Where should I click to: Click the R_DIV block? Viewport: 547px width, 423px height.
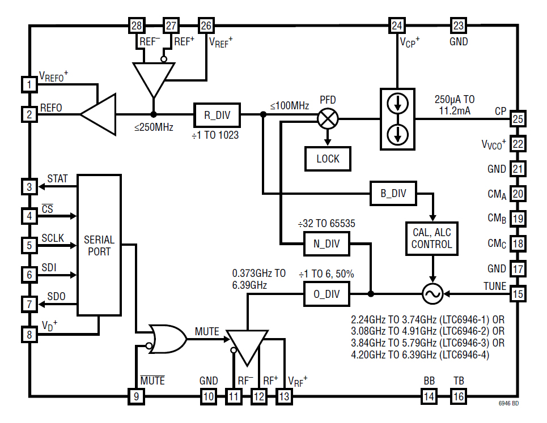click(217, 115)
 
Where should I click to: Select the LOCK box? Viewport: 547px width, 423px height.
click(328, 159)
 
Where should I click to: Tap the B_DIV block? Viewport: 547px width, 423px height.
click(393, 194)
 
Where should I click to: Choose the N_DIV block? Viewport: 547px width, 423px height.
click(326, 243)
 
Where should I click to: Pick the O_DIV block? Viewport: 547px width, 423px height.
click(326, 294)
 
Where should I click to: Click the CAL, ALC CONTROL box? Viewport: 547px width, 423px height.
click(432, 238)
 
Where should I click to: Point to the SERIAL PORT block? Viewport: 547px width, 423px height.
click(99, 245)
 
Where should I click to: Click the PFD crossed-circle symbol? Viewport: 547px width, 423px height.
click(328, 118)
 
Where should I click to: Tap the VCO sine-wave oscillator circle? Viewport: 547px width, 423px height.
click(432, 294)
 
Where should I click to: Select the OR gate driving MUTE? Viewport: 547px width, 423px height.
click(167, 339)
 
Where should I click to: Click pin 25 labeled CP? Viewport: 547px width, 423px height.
click(518, 119)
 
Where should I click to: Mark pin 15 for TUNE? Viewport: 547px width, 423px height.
click(518, 294)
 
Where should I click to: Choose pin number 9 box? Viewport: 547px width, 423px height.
click(136, 396)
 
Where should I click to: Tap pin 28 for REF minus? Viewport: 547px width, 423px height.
click(137, 25)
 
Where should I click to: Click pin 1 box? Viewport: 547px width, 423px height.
click(29, 84)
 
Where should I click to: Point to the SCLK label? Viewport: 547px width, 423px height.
click(53, 238)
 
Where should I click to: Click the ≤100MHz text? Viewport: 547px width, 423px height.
click(290, 105)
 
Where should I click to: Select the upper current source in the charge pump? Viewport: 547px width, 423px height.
click(397, 104)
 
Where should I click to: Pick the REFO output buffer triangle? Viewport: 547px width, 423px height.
click(99, 114)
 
